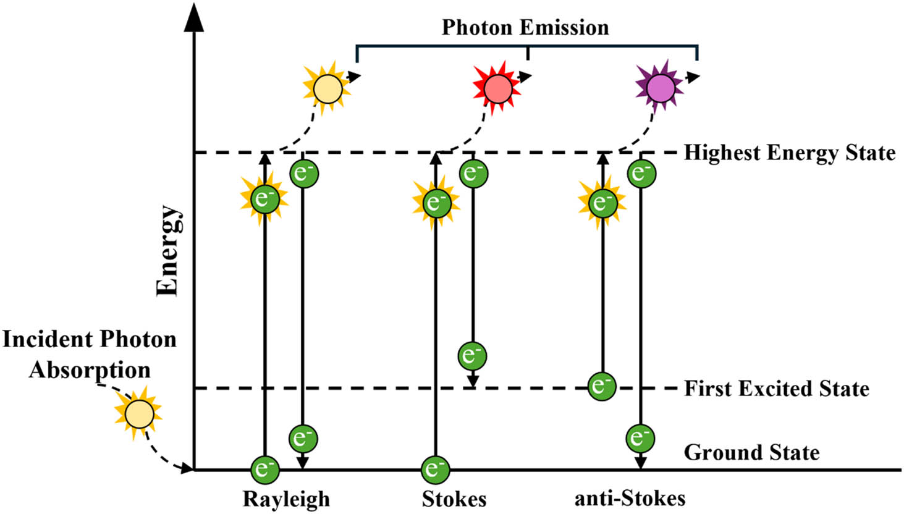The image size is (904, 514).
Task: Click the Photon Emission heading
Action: click(525, 28)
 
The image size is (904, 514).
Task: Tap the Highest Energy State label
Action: click(789, 153)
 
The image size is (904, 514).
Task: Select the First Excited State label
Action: click(776, 389)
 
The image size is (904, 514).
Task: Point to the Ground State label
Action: click(751, 452)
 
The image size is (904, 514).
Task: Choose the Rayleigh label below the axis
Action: click(286, 499)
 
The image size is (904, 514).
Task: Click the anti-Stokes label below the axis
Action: click(630, 498)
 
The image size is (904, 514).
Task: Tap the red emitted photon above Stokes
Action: click(497, 90)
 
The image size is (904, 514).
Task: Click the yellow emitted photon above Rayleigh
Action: click(327, 89)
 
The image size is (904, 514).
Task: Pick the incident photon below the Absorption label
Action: click(138, 413)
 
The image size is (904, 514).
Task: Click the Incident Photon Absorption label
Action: click(90, 355)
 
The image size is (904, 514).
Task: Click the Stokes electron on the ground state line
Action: click(435, 469)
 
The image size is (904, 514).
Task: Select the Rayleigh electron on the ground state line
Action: click(265, 469)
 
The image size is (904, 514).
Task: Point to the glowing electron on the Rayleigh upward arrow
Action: click(264, 199)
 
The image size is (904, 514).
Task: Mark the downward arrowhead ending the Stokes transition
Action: click(473, 379)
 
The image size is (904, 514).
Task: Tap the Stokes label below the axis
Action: click(454, 499)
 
